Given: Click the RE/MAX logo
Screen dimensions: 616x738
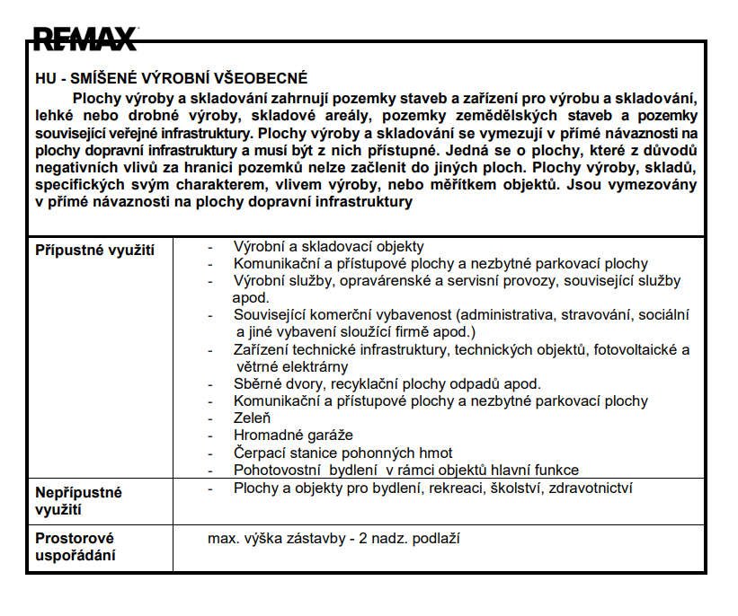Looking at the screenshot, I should pyautogui.click(x=85, y=39).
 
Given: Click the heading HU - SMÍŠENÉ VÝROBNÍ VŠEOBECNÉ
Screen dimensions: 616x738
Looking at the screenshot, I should pyautogui.click(x=171, y=78).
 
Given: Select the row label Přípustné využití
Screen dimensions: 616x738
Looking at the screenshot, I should pyautogui.click(x=94, y=251).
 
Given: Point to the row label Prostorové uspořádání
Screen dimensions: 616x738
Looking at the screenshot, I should pyautogui.click(x=76, y=547).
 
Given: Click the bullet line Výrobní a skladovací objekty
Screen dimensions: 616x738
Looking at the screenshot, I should pyautogui.click(x=328, y=246).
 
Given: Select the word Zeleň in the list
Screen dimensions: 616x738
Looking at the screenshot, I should pyautogui.click(x=252, y=418).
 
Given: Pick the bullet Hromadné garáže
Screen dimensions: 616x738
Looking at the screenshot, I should pyautogui.click(x=280, y=436).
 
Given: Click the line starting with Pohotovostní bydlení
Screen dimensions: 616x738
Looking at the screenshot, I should pyautogui.click(x=405, y=470).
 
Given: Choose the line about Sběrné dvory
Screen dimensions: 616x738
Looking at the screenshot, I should pyautogui.click(x=387, y=383).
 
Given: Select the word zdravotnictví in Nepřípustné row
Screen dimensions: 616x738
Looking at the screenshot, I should pyautogui.click(x=588, y=488).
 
